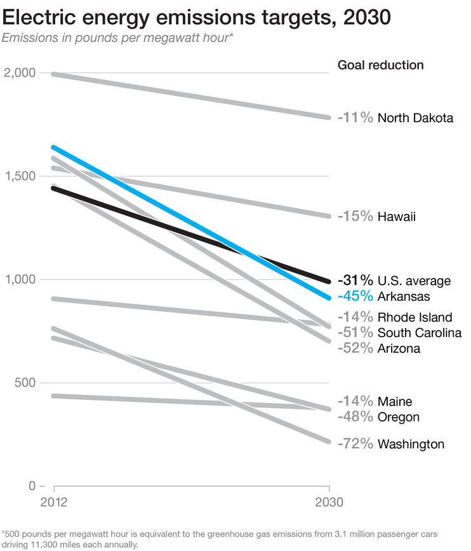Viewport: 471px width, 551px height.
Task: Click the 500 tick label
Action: coord(25,383)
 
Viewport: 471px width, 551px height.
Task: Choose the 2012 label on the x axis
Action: coord(54,502)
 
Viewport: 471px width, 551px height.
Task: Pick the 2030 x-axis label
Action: coord(328,502)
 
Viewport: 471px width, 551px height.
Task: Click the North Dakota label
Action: coord(415,118)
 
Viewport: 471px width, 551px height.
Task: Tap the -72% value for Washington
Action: coord(355,444)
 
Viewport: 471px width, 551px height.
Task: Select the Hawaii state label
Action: coord(396,217)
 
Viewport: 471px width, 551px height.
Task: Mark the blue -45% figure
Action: coord(355,296)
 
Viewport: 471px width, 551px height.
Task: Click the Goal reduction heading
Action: coord(380,65)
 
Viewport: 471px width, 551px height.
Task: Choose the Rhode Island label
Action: coord(415,317)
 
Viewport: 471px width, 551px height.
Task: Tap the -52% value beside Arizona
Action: coord(355,348)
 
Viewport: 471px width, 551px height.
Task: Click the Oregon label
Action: coord(398,417)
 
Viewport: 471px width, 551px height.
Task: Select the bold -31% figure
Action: coord(355,281)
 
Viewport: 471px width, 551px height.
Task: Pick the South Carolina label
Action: coord(419,333)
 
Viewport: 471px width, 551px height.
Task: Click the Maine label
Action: coord(394,402)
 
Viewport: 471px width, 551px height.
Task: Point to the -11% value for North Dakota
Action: coord(355,118)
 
